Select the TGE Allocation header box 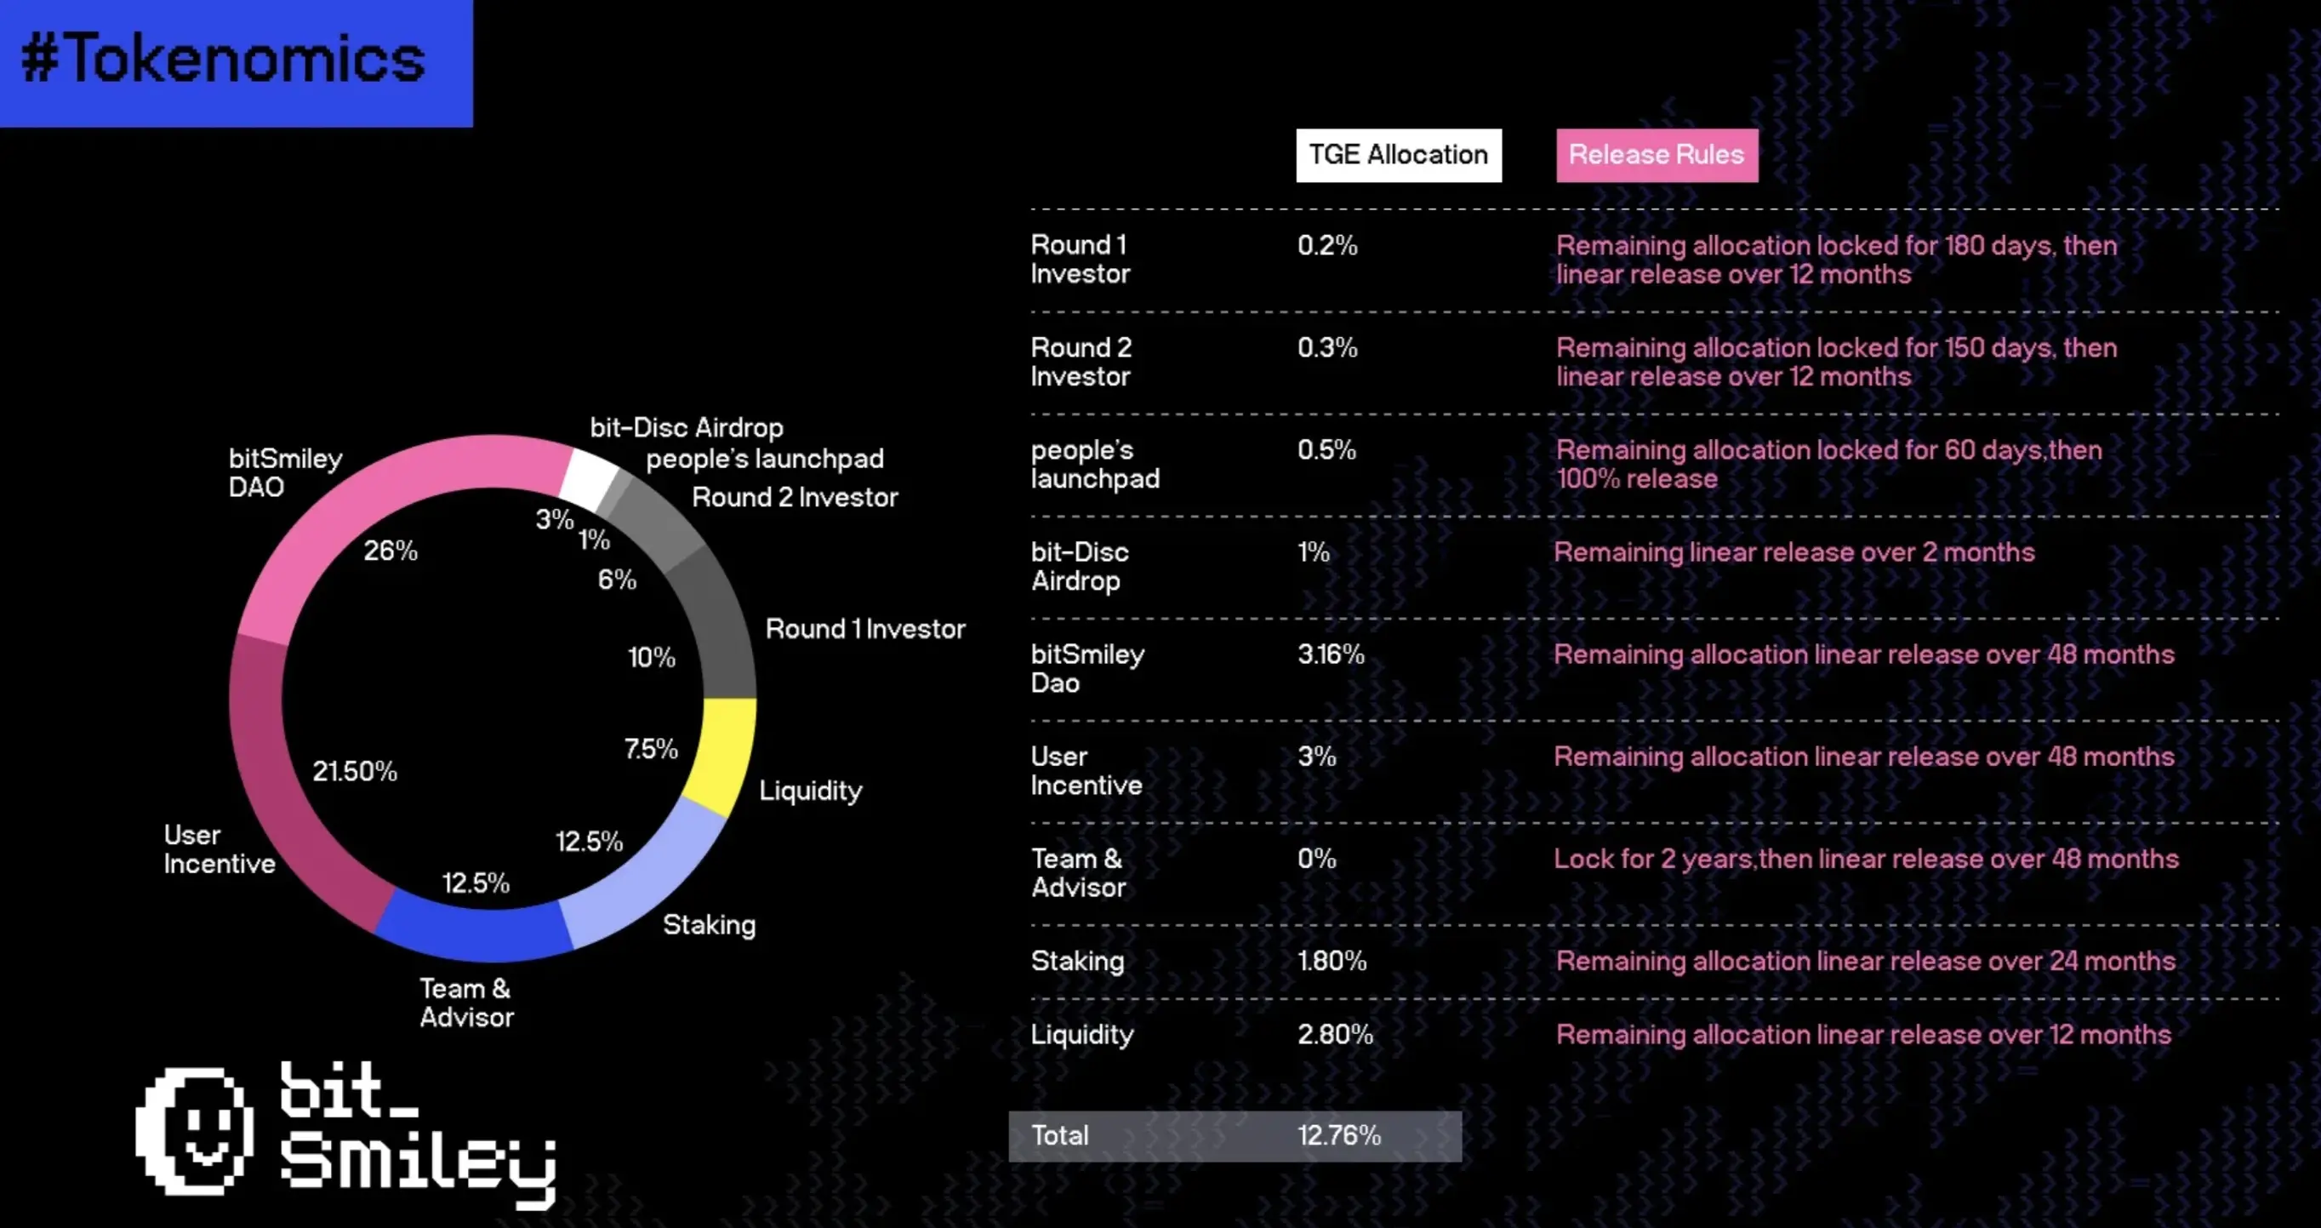pyautogui.click(x=1398, y=155)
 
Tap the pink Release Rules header pyautogui.click(x=1656, y=155)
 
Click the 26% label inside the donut pyautogui.click(x=391, y=551)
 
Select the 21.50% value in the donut pyautogui.click(x=354, y=771)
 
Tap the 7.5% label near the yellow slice pyautogui.click(x=651, y=749)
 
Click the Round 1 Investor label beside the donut pyautogui.click(x=864, y=629)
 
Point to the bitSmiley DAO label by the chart pyautogui.click(x=285, y=472)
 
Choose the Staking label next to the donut pyautogui.click(x=709, y=924)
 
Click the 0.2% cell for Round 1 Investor pyautogui.click(x=1327, y=245)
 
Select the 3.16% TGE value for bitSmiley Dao pyautogui.click(x=1331, y=654)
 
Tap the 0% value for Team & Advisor pyautogui.click(x=1316, y=859)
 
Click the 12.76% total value pyautogui.click(x=1339, y=1135)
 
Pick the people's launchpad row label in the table pyautogui.click(x=1094, y=464)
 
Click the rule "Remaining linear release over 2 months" pyautogui.click(x=1793, y=552)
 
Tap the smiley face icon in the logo pyautogui.click(x=196, y=1131)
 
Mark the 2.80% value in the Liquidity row pyautogui.click(x=1334, y=1034)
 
